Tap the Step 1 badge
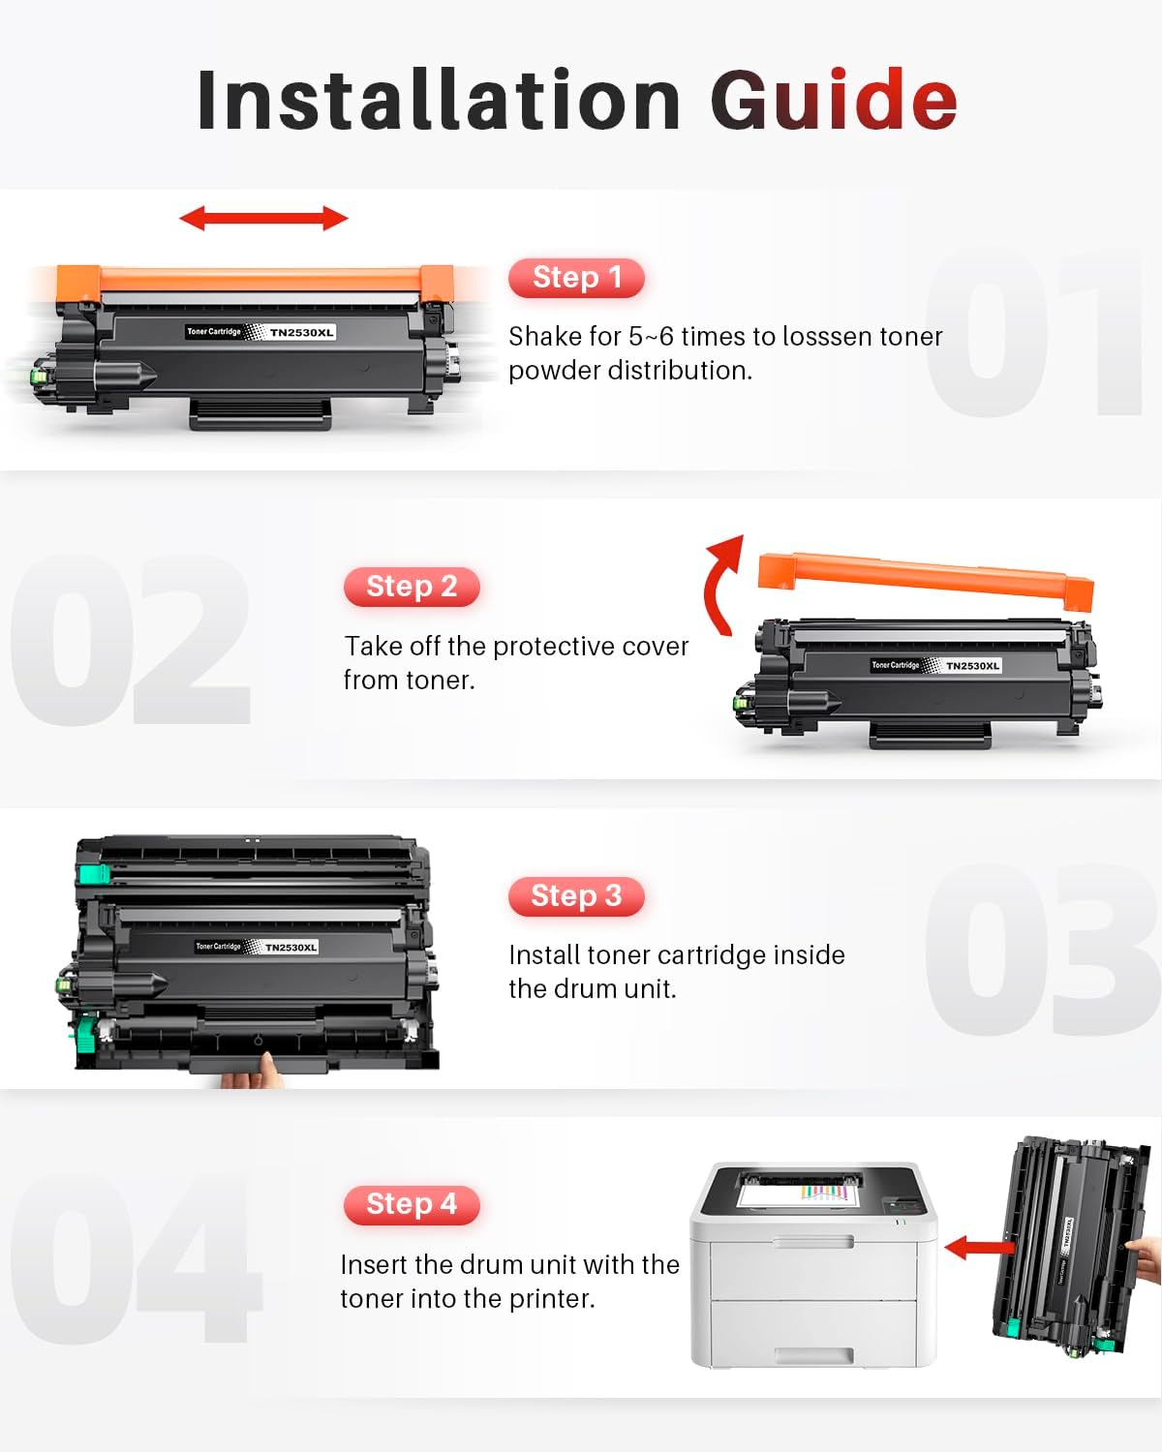[576, 278]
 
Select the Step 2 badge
[412, 587]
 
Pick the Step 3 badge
[576, 896]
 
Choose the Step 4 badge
[412, 1204]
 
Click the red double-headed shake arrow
[263, 219]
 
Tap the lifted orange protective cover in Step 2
[925, 577]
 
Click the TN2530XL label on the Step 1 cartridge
[301, 332]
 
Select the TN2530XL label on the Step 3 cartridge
[290, 947]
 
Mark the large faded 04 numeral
[136, 1258]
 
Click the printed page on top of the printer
[799, 1193]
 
